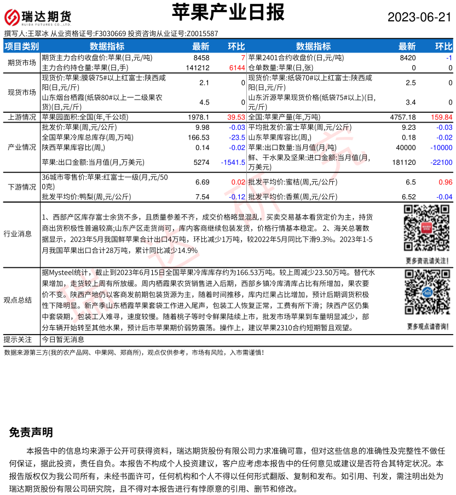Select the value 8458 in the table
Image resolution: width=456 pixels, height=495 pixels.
click(201, 57)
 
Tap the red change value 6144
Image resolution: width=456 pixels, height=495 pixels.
click(236, 68)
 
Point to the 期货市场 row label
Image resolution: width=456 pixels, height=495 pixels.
click(22, 62)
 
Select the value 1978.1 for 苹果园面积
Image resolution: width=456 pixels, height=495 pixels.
click(198, 117)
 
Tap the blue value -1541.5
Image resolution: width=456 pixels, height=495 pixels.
click(233, 163)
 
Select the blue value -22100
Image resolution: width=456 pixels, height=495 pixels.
click(440, 163)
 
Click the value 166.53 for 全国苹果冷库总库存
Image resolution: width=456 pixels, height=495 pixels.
click(199, 137)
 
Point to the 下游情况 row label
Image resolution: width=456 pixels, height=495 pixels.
click(22, 187)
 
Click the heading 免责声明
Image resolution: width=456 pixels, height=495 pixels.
click(31, 433)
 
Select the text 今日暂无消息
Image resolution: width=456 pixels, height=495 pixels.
click(63, 339)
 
